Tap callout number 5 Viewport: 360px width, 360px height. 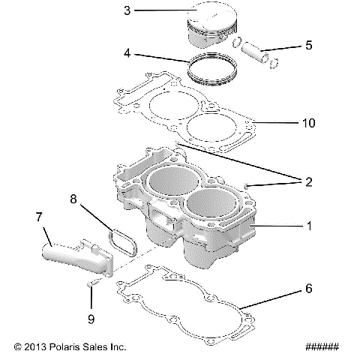click(x=308, y=46)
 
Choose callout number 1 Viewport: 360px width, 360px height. click(x=309, y=225)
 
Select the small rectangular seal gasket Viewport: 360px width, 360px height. click(x=118, y=241)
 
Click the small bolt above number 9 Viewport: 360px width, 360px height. click(x=91, y=283)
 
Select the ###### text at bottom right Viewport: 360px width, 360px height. click(x=322, y=347)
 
